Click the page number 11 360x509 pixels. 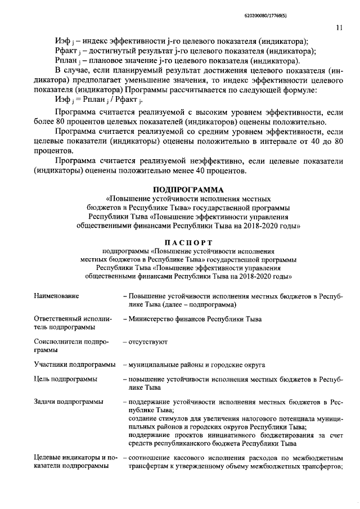(x=339, y=27)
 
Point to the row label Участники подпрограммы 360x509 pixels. (x=74, y=365)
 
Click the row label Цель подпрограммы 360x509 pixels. (x=65, y=380)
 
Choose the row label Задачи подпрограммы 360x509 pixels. (x=68, y=402)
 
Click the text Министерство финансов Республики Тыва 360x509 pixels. (x=190, y=319)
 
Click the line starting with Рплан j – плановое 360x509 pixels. (x=178, y=61)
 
